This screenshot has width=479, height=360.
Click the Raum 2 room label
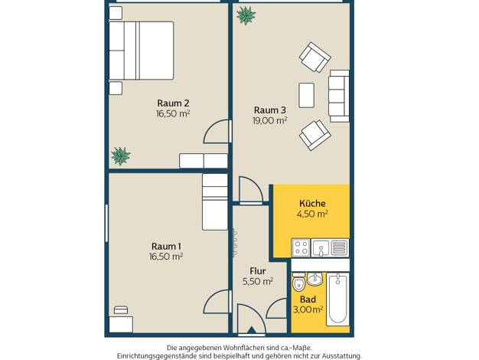[173, 103]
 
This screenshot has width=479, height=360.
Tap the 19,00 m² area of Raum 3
[270, 120]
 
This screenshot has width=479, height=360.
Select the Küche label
[312, 204]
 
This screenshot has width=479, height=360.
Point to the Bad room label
[308, 299]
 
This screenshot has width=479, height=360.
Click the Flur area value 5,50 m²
[258, 281]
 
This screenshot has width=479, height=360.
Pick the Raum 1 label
[166, 246]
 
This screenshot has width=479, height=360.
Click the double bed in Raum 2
[141, 51]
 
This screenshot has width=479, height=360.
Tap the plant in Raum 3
[246, 15]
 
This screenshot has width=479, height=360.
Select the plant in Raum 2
[121, 156]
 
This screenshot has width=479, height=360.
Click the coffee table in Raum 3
[306, 95]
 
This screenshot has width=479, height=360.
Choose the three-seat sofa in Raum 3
[339, 96]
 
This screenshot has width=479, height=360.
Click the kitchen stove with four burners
[301, 247]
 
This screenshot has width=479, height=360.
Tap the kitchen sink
[321, 247]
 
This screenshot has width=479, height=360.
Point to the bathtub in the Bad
[337, 299]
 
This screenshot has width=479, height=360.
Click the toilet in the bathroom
[298, 282]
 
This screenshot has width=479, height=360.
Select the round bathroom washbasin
[314, 280]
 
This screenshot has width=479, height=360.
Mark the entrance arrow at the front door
[252, 330]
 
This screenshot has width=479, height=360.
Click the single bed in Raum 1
[215, 202]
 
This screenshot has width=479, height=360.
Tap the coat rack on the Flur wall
[235, 243]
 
